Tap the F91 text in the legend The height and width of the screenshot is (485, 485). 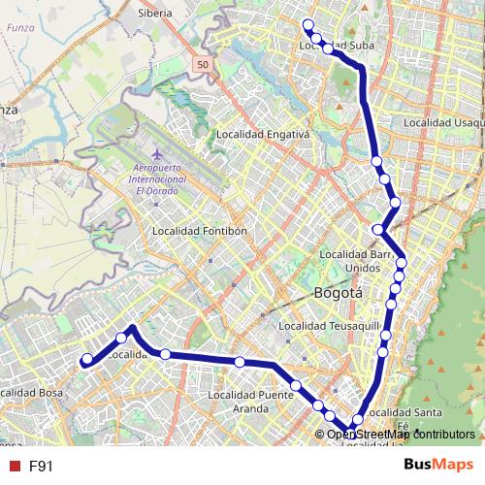(x=41, y=466)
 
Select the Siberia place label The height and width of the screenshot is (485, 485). (x=155, y=14)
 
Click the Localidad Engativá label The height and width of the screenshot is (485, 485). (x=263, y=134)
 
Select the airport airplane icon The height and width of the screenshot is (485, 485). (x=156, y=154)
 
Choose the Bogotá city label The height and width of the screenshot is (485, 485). (x=339, y=292)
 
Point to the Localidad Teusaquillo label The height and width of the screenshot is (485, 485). (x=326, y=327)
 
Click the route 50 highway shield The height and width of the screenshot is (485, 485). (x=202, y=64)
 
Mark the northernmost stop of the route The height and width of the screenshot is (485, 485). (x=307, y=25)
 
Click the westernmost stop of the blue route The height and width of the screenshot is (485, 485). (x=86, y=359)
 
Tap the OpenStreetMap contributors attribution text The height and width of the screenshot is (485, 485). (x=401, y=435)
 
